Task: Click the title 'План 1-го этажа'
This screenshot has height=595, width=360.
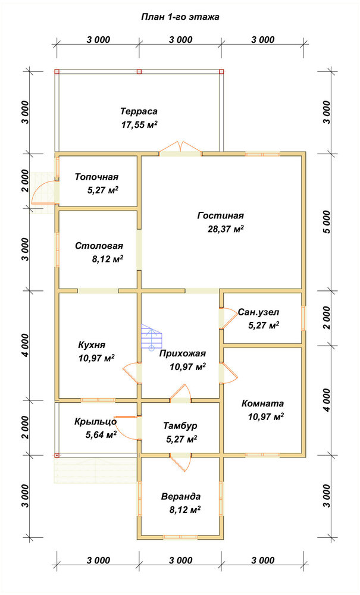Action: tap(180, 17)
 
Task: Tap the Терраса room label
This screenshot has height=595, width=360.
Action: tap(139, 112)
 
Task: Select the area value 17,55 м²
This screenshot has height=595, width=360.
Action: tap(139, 125)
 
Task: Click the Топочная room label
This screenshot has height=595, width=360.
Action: tap(96, 177)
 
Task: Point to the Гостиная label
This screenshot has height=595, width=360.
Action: tap(220, 215)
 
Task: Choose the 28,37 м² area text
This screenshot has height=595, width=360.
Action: tap(225, 229)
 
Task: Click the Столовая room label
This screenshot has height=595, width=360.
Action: tap(99, 246)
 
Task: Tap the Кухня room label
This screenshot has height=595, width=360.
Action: tap(92, 345)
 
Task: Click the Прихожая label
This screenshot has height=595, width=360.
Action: tap(183, 353)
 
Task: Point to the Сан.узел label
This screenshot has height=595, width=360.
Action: tap(259, 312)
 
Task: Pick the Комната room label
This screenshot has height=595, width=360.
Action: tap(262, 403)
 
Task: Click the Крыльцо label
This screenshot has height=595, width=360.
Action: tap(95, 422)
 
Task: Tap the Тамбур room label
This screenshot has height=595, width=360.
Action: tap(180, 426)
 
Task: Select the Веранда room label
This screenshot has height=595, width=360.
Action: tap(181, 496)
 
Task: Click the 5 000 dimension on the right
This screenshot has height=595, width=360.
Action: tap(328, 222)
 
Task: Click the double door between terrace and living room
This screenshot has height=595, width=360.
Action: tap(180, 149)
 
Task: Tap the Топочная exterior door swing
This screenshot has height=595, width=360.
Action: tap(43, 193)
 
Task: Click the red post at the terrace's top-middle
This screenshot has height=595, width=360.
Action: tap(139, 71)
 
